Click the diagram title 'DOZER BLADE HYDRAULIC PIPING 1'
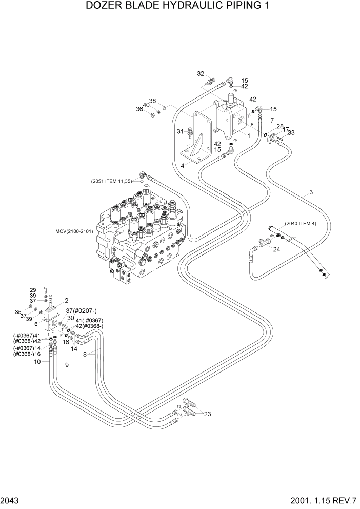[179, 7]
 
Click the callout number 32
[201, 73]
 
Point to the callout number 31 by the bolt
[180, 132]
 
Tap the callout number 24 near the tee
[277, 250]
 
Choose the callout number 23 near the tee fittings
[207, 414]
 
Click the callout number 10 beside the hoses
[37, 362]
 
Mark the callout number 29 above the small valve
[33, 290]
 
